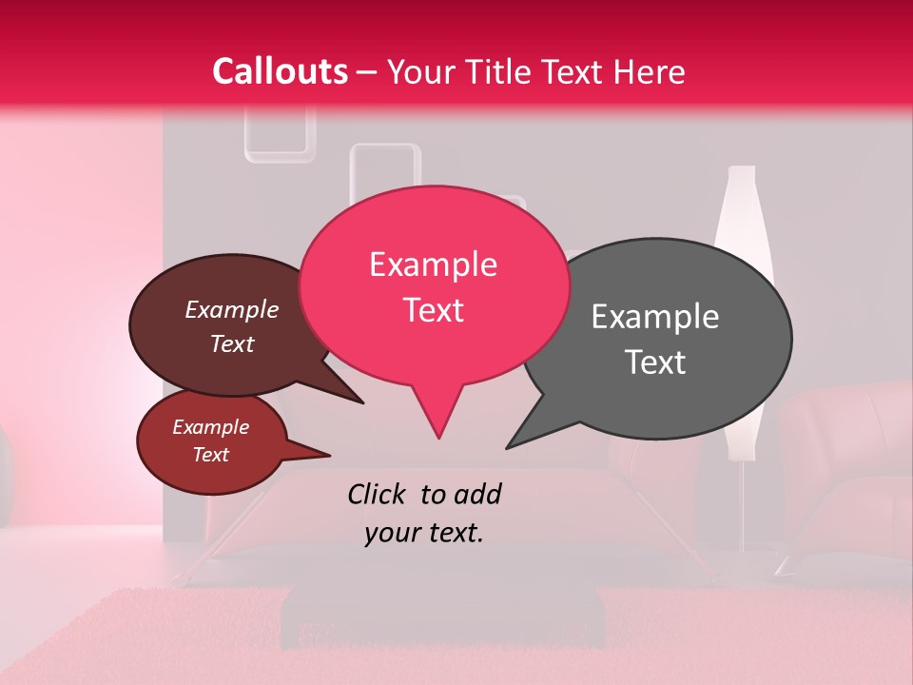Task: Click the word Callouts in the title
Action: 280,71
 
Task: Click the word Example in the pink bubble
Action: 433,264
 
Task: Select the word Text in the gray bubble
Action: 656,362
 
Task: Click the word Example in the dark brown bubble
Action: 231,310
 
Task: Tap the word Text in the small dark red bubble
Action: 211,455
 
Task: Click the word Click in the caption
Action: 378,494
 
